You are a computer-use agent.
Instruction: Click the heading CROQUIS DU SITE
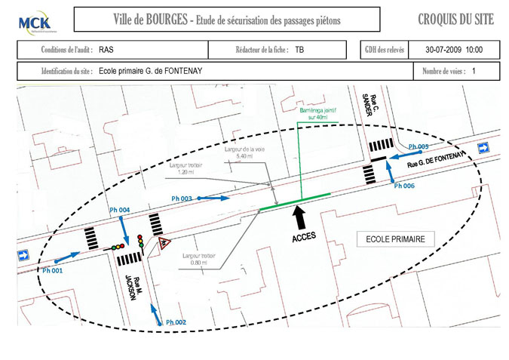(x=455, y=20)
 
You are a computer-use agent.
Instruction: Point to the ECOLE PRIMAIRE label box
(x=395, y=239)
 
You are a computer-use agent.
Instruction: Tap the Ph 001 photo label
(x=52, y=269)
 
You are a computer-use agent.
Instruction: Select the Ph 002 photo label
(x=176, y=322)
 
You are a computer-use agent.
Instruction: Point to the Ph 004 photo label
(x=120, y=209)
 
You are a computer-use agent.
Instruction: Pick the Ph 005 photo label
(x=419, y=146)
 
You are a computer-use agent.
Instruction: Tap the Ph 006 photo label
(x=405, y=186)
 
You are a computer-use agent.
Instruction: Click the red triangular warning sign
(x=164, y=243)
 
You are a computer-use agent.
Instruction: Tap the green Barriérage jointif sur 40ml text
(x=310, y=113)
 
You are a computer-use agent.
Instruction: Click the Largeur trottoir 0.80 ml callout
(x=198, y=259)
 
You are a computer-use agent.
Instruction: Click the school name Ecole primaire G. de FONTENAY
(x=161, y=72)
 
